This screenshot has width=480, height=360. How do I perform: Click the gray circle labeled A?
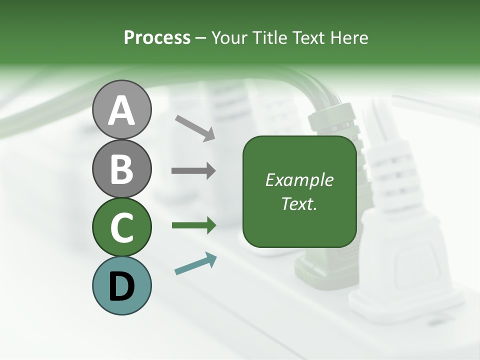122,109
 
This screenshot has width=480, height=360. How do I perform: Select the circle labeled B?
122,168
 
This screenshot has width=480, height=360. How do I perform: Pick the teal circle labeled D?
122,285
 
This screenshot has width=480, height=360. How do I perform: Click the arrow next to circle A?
195,127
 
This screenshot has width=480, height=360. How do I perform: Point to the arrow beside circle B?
193,171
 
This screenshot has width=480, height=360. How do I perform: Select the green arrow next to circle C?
193,225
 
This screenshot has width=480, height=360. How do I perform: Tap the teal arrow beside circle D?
195,263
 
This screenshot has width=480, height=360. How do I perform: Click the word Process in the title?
157,37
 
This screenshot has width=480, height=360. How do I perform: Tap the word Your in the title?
230,37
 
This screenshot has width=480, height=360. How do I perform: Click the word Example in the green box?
299,180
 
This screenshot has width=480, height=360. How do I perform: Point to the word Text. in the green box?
299,203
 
